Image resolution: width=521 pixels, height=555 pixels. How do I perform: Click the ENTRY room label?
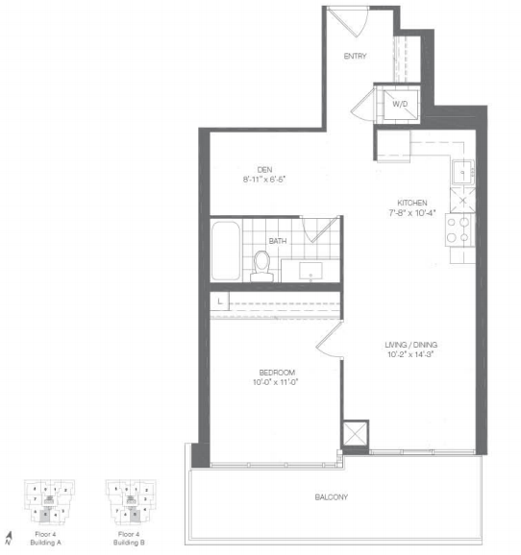pos(355,56)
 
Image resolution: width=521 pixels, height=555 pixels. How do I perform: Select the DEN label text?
pos(251,168)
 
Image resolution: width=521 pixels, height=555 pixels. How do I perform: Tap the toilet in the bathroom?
pos(261,267)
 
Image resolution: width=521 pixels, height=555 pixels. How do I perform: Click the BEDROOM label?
pos(277,372)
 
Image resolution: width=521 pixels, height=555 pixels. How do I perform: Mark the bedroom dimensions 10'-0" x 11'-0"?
pos(277,382)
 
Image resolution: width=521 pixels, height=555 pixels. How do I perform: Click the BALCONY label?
pos(330,496)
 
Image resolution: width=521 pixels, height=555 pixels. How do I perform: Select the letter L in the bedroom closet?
pos(222,302)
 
